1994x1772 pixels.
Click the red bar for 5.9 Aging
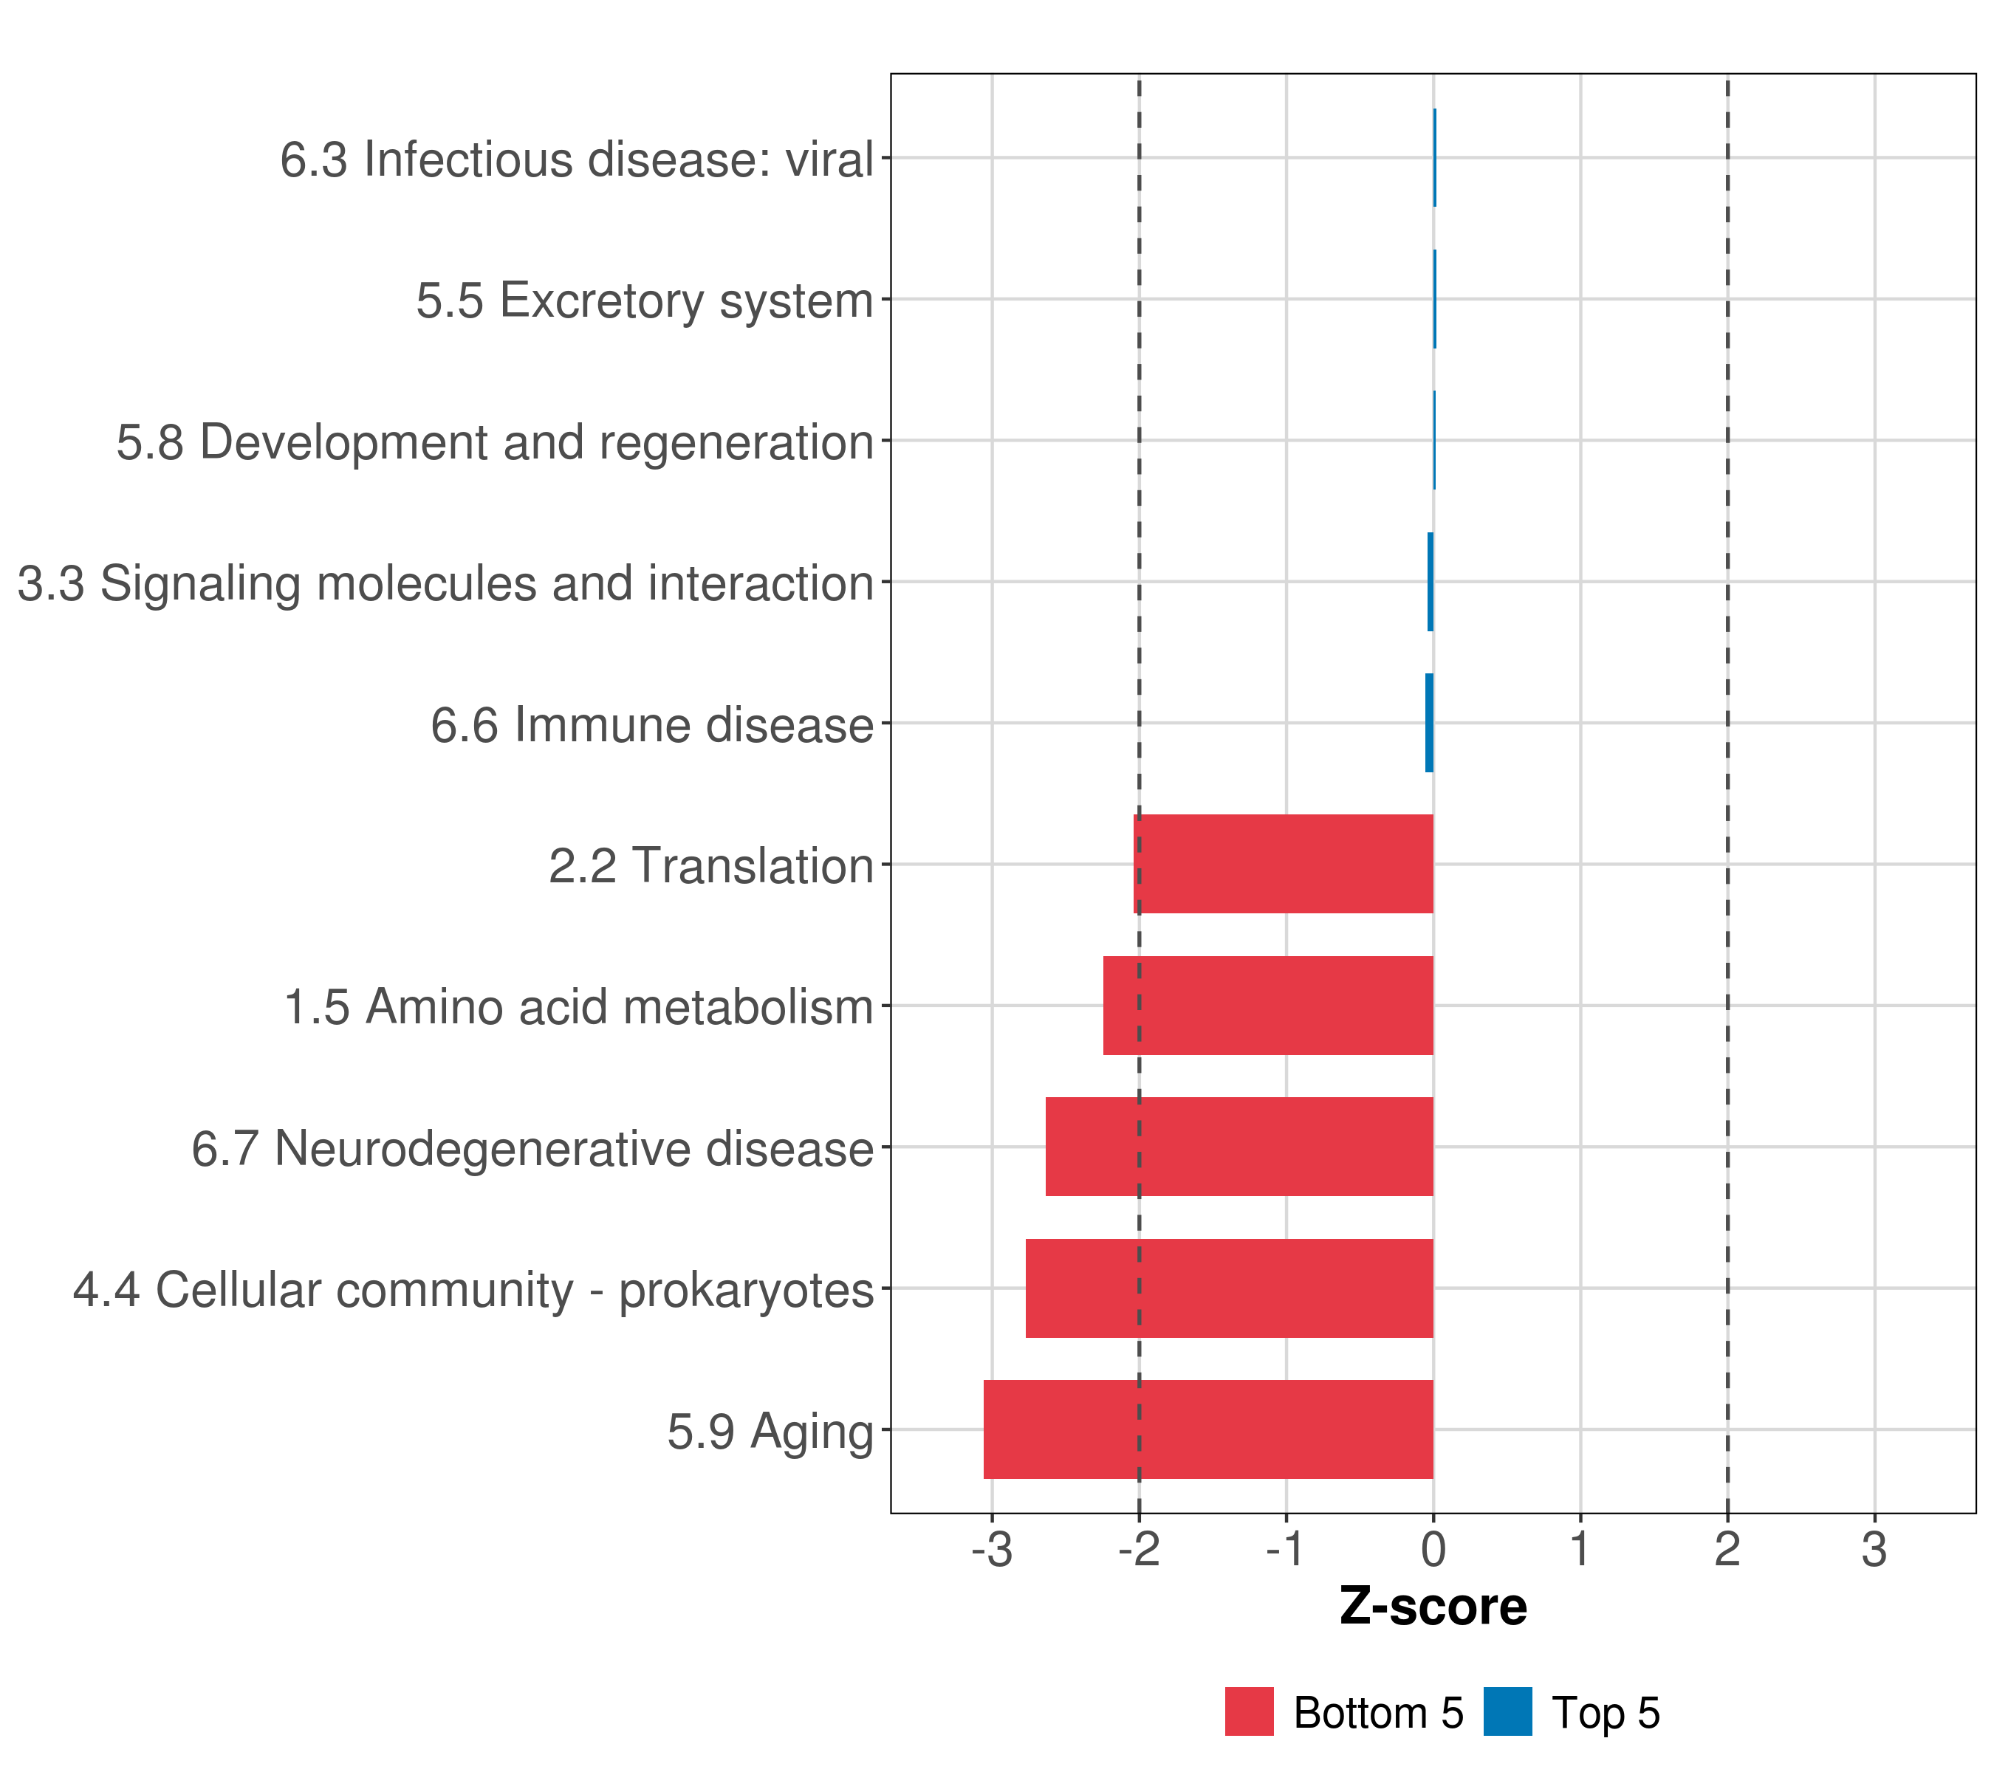pyautogui.click(x=1207, y=1429)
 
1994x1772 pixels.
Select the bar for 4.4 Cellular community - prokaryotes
pyautogui.click(x=1229, y=1288)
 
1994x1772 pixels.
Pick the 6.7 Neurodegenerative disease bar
pyautogui.click(x=1239, y=1146)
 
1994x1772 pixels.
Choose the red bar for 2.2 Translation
pyautogui.click(x=1283, y=863)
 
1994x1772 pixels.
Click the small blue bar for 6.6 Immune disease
pyautogui.click(x=1429, y=723)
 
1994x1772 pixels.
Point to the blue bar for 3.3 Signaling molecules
pyautogui.click(x=1430, y=581)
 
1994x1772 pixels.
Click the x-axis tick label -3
pyautogui.click(x=992, y=1550)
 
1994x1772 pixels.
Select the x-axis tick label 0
pyautogui.click(x=1433, y=1550)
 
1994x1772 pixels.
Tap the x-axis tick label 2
pyautogui.click(x=1727, y=1550)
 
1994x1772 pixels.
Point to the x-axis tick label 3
pyautogui.click(x=1874, y=1550)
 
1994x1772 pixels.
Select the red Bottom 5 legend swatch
pyautogui.click(x=1249, y=1711)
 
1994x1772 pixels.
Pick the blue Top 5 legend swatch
pyautogui.click(x=1507, y=1711)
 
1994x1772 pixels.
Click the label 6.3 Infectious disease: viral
pyautogui.click(x=575, y=159)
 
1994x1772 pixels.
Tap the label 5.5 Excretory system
pyautogui.click(x=644, y=301)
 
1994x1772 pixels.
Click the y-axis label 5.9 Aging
pyautogui.click(x=770, y=1432)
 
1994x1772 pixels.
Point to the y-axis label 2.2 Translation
pyautogui.click(x=710, y=866)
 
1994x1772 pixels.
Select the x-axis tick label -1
pyautogui.click(x=1286, y=1550)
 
